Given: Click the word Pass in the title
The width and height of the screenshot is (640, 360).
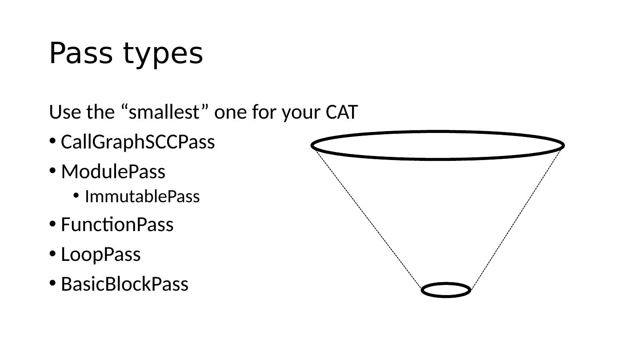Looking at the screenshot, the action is coord(80,53).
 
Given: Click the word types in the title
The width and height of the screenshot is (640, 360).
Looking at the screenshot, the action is coord(163,55).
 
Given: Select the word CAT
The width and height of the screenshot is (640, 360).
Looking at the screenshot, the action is coord(341,112).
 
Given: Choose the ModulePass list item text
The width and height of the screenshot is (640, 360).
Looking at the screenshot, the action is coord(113,172).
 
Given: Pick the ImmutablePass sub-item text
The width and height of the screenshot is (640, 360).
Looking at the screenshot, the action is coord(142,196).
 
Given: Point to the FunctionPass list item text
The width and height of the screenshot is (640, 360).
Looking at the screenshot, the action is coord(117,224).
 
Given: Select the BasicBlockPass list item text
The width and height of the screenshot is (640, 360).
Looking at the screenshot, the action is coord(124,284).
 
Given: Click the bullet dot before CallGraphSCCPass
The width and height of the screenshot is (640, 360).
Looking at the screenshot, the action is coord(52,141).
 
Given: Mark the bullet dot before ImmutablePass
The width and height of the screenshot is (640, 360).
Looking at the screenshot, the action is coord(76,195).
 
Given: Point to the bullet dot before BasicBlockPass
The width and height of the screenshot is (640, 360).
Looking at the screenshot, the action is coord(52,283).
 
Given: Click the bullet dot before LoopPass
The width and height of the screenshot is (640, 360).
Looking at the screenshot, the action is coord(52,254).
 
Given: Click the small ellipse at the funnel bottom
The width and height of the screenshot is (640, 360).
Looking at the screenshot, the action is coord(446,284).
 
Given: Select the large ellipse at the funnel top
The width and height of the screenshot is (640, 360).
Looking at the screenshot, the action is coord(438,132).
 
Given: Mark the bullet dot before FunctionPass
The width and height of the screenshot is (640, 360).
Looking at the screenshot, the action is coord(52,224).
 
